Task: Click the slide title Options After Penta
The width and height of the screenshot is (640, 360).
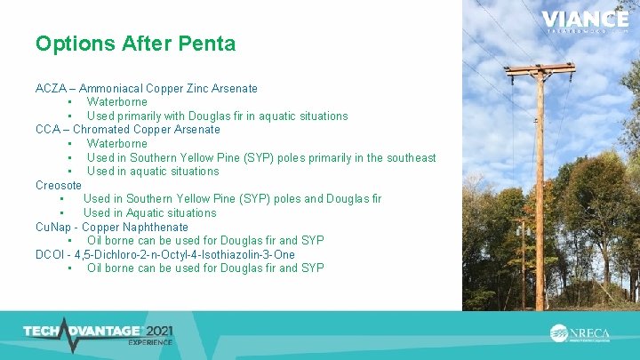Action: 135,43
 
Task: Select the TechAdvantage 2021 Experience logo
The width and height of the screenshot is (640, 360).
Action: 98,333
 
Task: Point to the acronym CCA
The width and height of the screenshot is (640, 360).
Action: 48,129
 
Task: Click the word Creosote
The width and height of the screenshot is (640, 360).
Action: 59,185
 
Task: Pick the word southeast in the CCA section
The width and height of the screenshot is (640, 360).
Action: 408,157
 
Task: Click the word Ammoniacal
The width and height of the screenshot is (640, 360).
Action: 119,88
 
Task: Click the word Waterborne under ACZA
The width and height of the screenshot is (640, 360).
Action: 117,102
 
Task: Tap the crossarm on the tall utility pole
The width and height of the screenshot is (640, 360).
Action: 540,68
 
